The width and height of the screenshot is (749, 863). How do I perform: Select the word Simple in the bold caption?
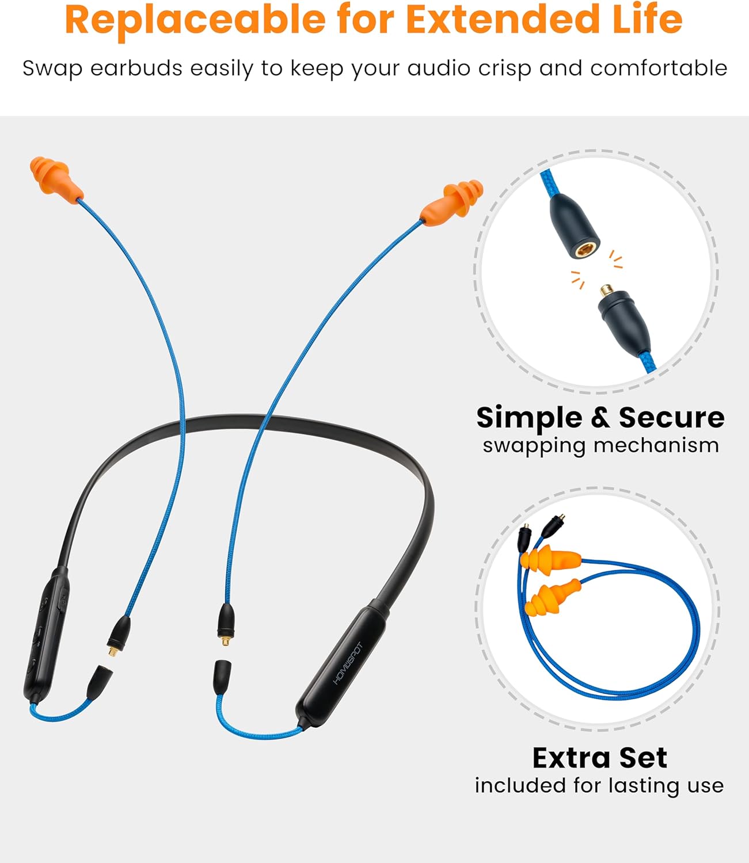[x=529, y=418]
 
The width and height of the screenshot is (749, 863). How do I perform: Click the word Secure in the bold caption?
[x=671, y=418]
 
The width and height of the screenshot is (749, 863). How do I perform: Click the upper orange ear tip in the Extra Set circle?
[x=549, y=560]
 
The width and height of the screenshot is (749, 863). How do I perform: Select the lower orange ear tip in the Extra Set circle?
[x=551, y=598]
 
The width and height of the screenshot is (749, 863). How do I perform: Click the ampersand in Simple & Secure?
[x=599, y=418]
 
